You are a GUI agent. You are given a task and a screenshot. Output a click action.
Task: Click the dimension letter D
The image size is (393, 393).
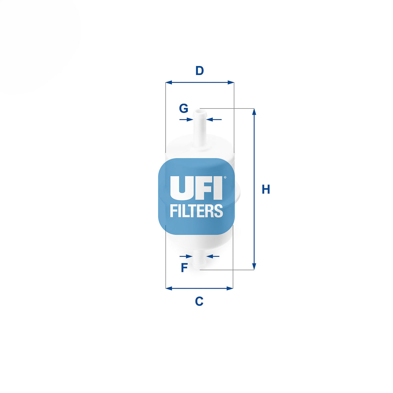coord(199,71)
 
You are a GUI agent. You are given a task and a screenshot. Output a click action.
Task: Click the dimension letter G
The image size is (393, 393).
coord(184,108)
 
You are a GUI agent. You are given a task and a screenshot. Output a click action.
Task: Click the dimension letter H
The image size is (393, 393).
coord(266,189)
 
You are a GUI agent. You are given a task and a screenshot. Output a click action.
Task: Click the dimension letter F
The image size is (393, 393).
coord(184,268)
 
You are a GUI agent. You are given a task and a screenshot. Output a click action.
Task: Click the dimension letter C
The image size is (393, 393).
coord(199,301)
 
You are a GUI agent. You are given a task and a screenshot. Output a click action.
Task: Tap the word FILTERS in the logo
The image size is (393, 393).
coord(196,211)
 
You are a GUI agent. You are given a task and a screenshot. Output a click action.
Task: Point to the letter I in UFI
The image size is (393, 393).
coord(218,188)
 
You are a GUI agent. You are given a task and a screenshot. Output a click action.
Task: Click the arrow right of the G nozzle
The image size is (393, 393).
coord(210,120)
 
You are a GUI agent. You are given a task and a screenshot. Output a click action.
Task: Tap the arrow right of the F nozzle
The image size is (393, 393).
coord(210,256)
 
